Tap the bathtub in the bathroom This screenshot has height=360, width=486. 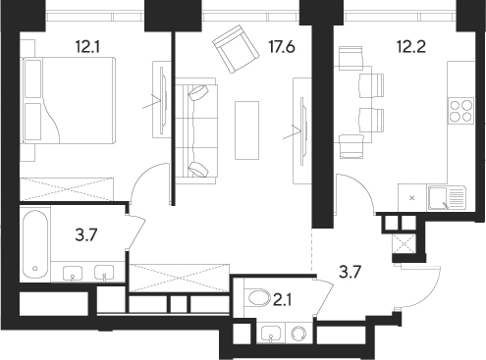pos(35,243)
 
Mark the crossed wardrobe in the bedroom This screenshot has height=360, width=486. pos(68,187)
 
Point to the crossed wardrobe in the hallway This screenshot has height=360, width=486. pos(178,276)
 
